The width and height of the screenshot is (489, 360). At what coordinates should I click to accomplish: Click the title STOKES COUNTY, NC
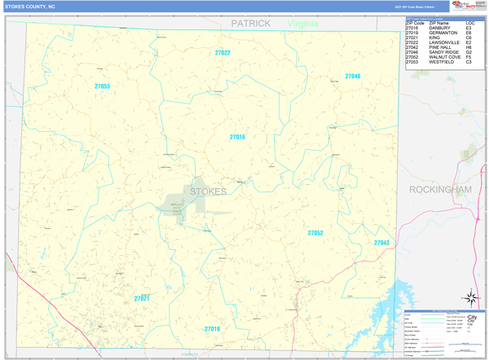pos(31,6)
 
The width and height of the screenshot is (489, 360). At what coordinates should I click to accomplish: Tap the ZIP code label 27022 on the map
pos(222,53)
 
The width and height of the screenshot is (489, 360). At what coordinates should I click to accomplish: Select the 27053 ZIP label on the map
pos(102,86)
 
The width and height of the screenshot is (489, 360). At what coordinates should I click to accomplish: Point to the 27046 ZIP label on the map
pos(352,76)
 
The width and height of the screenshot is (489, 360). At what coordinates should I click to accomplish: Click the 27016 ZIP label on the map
pos(237,137)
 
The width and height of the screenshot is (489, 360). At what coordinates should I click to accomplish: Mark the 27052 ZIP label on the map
pos(315,233)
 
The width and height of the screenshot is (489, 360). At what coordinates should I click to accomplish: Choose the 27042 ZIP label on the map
pos(381,243)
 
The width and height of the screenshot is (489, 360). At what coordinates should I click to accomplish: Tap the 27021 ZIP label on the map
pos(142,299)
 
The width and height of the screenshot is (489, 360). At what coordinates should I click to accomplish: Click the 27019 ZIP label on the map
pos(212,329)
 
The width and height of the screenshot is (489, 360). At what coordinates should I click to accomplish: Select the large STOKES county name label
pos(208,192)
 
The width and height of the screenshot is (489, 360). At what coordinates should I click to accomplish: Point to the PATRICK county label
pos(250,24)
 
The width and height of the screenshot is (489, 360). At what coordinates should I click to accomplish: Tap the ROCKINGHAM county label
pos(441,189)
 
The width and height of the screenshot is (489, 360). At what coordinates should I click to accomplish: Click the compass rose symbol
pos(470,298)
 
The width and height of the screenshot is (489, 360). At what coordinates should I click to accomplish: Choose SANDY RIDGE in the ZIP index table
pos(441,52)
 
